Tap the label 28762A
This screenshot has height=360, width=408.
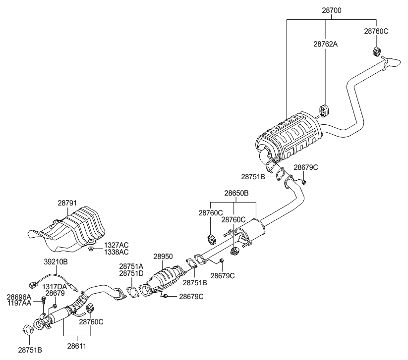[325, 44]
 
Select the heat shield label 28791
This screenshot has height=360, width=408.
[67, 203]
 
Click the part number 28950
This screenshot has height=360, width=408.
[163, 257]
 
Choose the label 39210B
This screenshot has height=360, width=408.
[56, 261]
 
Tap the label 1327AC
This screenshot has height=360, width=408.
[116, 245]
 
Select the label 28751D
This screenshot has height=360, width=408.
[131, 273]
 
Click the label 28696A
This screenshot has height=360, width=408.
[19, 297]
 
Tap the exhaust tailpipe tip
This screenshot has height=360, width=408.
[395, 61]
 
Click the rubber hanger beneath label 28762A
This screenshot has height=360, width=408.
[325, 109]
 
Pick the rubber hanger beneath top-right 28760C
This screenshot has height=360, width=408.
[376, 51]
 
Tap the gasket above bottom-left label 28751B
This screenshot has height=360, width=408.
[28, 330]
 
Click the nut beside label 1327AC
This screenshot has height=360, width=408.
[91, 247]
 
